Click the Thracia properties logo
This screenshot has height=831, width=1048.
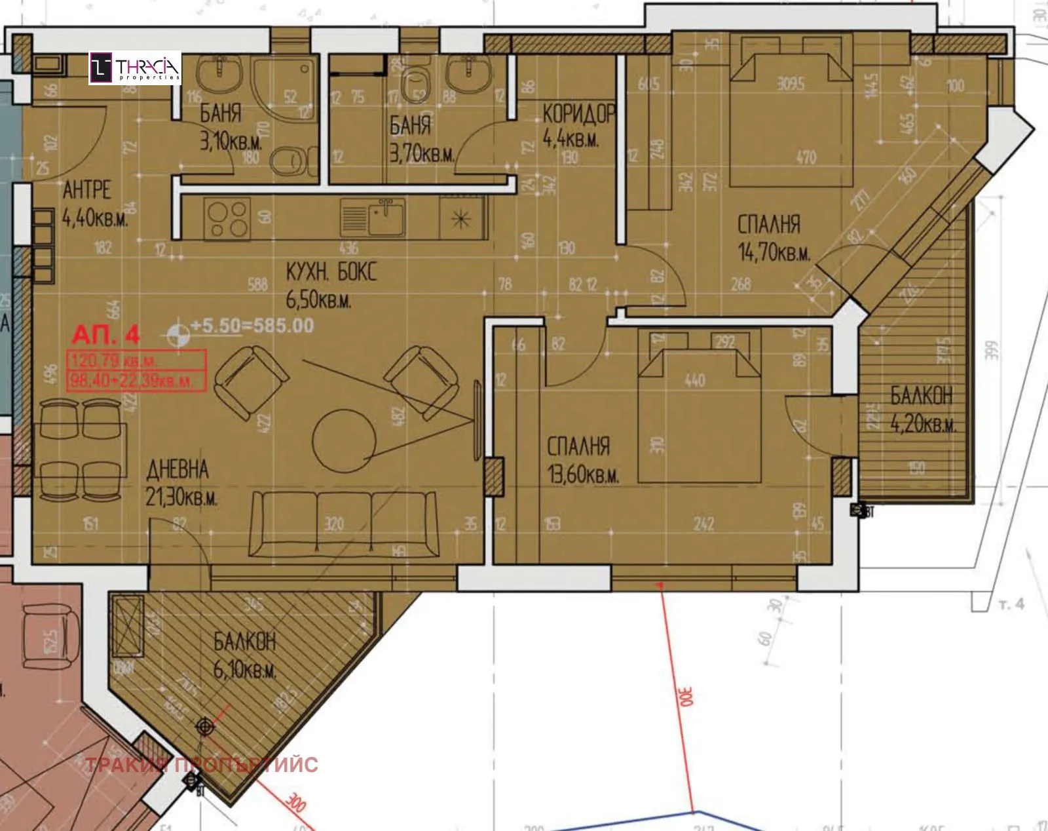(x=135, y=68)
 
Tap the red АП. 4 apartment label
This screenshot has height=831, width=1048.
(x=105, y=335)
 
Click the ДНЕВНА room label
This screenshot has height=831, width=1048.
(x=178, y=470)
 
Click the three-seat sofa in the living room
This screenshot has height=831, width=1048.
(x=344, y=524)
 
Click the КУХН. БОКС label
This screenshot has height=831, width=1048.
(x=331, y=272)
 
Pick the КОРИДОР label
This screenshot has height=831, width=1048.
(x=578, y=114)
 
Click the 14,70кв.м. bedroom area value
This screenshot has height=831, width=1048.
(x=774, y=254)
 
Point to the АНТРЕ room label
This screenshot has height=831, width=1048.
(x=86, y=190)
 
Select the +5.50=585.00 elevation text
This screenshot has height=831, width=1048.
(x=252, y=326)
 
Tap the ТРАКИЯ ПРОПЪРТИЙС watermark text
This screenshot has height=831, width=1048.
(x=202, y=765)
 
